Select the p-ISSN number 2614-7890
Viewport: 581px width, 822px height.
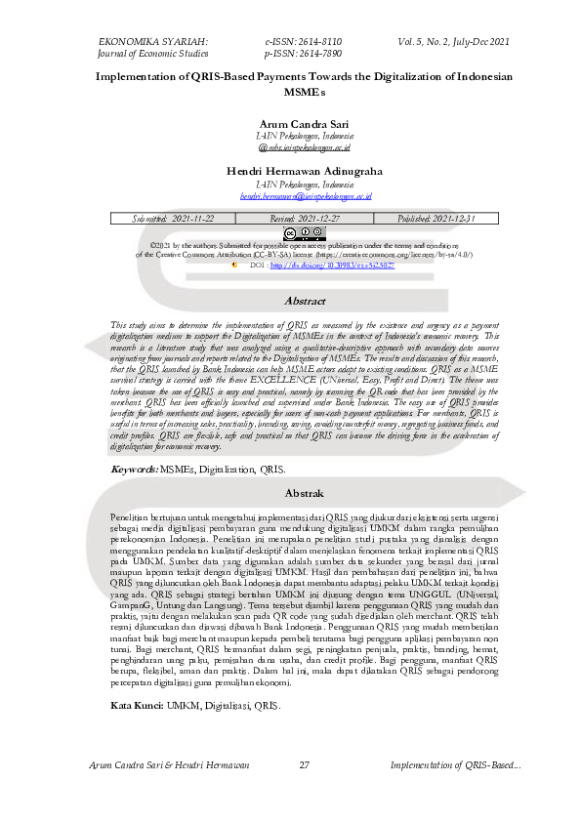(x=304, y=55)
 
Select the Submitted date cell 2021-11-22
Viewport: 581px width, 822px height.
(x=172, y=219)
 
